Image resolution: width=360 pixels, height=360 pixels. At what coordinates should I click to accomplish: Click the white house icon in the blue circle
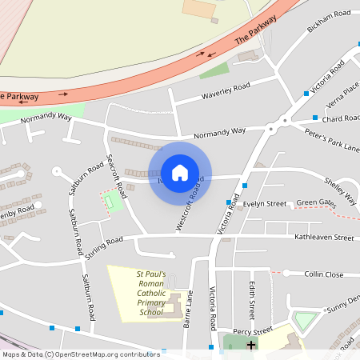click(x=179, y=173)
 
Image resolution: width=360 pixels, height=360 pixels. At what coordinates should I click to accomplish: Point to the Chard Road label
click(x=342, y=118)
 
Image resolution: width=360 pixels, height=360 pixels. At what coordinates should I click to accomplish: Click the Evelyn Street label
click(x=265, y=204)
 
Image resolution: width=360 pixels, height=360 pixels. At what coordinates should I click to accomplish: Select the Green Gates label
click(x=316, y=202)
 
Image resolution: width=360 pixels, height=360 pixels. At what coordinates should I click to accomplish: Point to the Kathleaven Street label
click(x=323, y=238)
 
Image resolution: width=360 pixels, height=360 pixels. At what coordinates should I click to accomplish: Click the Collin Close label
click(x=324, y=274)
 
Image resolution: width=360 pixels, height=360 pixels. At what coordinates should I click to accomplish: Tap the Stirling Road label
click(x=103, y=242)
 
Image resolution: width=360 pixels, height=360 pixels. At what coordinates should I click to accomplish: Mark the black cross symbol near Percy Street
click(x=251, y=346)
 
